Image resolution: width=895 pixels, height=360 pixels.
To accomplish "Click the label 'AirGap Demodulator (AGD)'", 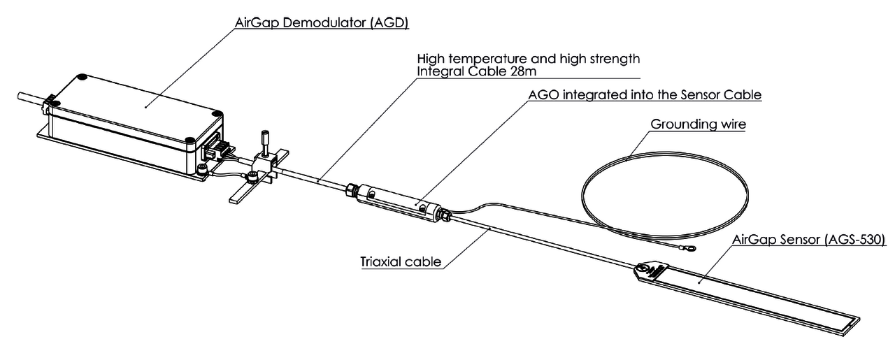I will tap(321, 24).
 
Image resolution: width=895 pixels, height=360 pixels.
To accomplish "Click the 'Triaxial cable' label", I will tap(401, 263).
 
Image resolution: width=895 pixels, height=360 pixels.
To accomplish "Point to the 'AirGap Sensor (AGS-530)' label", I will tap(809, 240).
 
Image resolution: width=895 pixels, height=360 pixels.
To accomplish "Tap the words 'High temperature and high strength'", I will tap(528, 59).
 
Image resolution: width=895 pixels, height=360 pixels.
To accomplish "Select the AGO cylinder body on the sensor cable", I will tap(399, 201).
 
